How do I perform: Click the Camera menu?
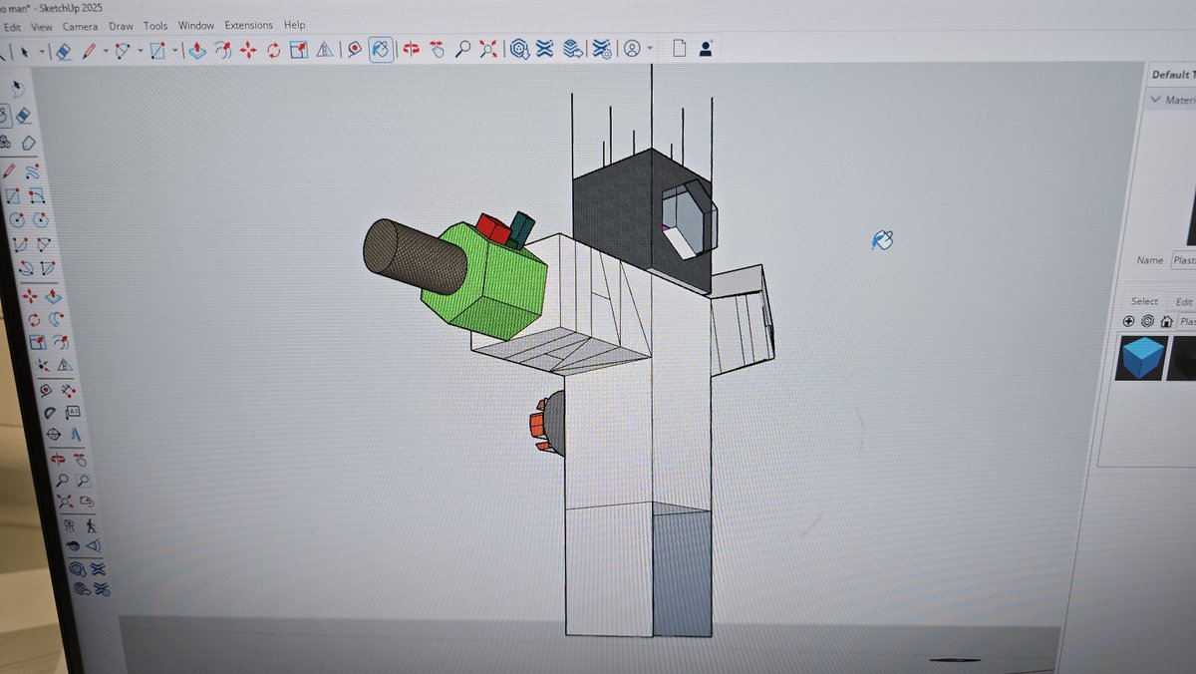(x=79, y=25)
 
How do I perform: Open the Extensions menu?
(x=248, y=25)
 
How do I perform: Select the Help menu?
(x=295, y=25)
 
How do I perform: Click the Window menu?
(x=196, y=25)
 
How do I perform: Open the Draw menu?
(x=121, y=25)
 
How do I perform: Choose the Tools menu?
(x=155, y=25)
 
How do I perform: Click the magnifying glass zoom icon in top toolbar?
(x=462, y=49)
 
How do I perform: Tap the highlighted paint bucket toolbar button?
(x=381, y=49)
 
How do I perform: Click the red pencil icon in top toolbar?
(x=90, y=50)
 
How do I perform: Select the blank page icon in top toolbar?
(x=679, y=48)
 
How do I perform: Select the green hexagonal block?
(x=488, y=284)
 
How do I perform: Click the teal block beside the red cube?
(x=521, y=228)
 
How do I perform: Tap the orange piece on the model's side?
(x=537, y=426)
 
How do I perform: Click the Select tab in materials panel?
(x=1144, y=301)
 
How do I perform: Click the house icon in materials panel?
(x=1165, y=321)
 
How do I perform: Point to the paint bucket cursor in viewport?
(x=882, y=239)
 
